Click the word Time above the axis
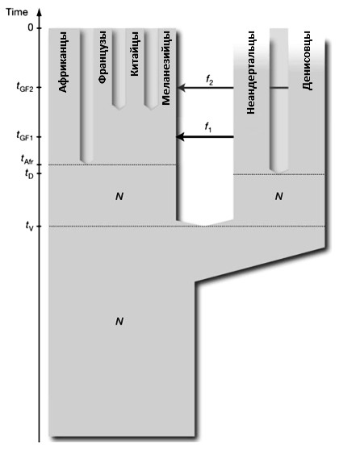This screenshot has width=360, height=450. pos(17,12)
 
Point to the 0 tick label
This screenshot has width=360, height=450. pos(31,28)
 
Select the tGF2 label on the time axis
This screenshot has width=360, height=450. pos(25,87)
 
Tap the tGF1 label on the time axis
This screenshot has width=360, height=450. pos(25,135)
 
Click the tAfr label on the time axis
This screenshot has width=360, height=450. pos(27,160)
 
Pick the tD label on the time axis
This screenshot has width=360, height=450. pos(29,174)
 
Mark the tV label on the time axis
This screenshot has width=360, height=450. pos(30,225)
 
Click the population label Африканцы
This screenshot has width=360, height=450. pos(63,62)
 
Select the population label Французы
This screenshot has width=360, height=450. pos(103,57)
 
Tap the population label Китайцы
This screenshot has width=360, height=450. pos(134,54)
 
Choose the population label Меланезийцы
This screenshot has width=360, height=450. pos(166,68)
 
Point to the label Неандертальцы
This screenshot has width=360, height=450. pos(251,73)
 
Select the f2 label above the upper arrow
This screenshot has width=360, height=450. pos(209,80)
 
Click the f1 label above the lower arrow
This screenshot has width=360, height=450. pos(208,127)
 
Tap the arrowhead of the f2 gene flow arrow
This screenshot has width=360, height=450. pos(182,87)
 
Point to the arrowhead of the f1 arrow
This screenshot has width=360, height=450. pos(180,137)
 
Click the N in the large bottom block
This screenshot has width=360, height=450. pos(119,321)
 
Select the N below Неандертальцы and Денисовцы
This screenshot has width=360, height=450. pos(278,196)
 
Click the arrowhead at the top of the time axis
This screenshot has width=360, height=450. pos(40,13)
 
